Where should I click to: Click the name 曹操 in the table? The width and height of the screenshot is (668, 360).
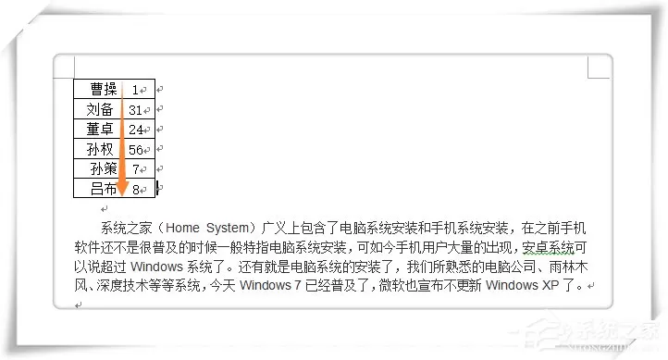[x=104, y=89]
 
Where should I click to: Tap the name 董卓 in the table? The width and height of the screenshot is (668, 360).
[x=100, y=129]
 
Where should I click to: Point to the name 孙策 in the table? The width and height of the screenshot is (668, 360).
[x=104, y=168]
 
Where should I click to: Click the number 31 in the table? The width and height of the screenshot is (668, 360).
[x=135, y=110]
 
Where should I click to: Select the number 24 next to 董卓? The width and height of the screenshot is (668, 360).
[x=136, y=130]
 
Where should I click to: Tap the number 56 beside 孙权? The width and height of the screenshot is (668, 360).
[x=136, y=150]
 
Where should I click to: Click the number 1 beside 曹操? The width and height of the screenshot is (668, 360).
[x=135, y=90]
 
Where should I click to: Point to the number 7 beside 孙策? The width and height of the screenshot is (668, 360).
[x=136, y=169]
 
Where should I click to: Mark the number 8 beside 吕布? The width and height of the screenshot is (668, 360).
[x=136, y=190]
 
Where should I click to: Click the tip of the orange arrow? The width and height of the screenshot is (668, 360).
[x=123, y=196]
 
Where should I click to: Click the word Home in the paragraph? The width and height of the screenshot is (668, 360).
[x=182, y=228]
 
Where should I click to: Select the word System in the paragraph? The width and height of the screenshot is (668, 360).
[x=228, y=228]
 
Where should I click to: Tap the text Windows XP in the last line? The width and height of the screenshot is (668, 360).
[x=522, y=285]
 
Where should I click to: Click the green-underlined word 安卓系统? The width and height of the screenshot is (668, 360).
[x=549, y=247]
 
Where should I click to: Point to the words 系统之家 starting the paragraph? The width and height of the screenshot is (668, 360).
[x=127, y=228]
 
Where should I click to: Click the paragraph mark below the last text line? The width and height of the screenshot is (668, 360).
[x=78, y=305]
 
